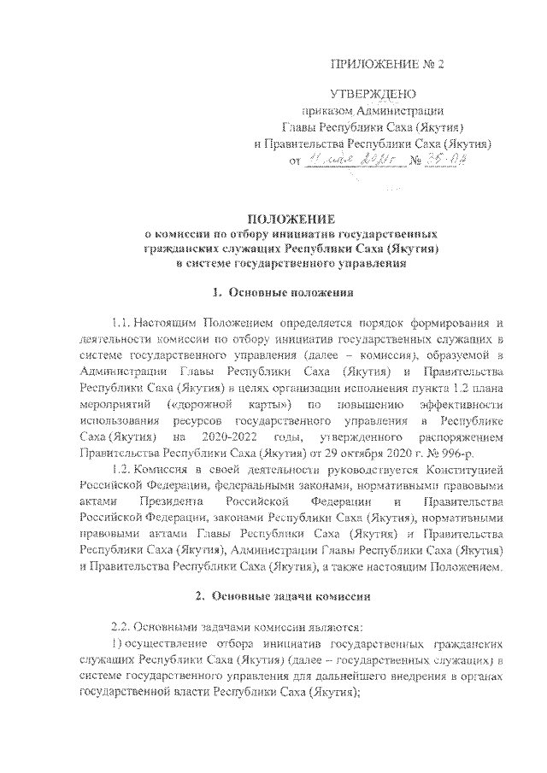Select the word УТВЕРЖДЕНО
pos(374,94)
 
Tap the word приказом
pos(326,110)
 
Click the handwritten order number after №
pos(447,159)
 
